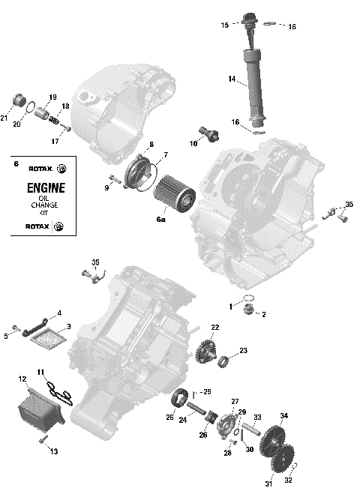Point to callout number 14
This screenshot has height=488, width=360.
coord(232,79)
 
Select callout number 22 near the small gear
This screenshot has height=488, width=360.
coord(214,327)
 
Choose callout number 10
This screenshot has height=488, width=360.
coord(193,143)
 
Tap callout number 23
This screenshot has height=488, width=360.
coord(243,350)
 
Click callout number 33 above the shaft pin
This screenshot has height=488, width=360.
coord(257,417)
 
